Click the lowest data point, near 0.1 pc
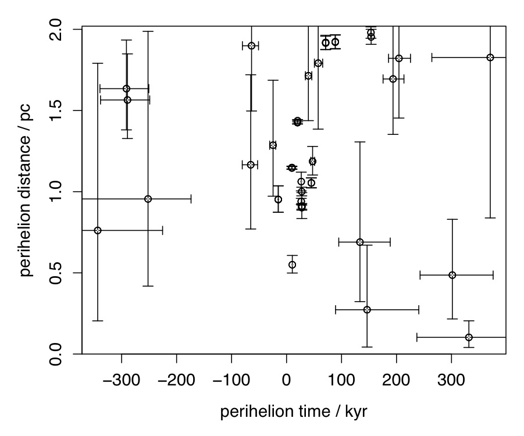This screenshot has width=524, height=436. [x=469, y=337]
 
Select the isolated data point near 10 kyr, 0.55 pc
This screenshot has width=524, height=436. [x=292, y=265]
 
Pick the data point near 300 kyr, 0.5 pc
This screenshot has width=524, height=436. [x=452, y=275]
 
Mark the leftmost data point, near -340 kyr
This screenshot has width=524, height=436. [x=98, y=230]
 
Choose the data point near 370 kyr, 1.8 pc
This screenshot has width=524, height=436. [x=490, y=58]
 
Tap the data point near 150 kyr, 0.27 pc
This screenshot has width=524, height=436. [x=367, y=310]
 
